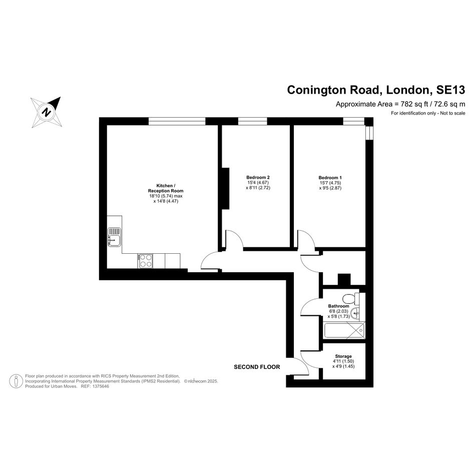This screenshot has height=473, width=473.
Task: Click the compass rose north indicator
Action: pos(47,112)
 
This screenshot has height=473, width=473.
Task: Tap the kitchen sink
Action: pos(114,236)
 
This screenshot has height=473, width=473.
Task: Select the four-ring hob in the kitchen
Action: pos(146,261)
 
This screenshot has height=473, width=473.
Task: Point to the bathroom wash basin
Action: pos(355,313)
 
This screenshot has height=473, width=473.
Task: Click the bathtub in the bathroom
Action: pos(344,330)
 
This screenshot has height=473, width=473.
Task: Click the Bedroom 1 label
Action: pos(330,178)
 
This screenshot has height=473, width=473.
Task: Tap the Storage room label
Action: pos(343,356)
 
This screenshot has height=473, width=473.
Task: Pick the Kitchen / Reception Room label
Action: pos(166,188)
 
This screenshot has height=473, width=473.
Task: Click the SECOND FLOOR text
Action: pos(257,367)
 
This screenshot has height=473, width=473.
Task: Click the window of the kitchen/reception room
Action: pos(177,121)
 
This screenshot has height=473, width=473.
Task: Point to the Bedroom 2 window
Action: pos(252,121)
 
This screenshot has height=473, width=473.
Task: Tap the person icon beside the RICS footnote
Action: pos(16,381)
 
